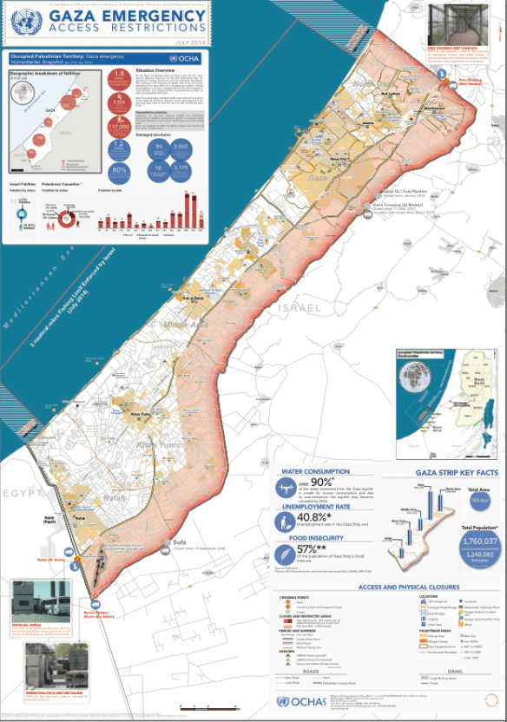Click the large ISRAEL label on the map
300,308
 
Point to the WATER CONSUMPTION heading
316,472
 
